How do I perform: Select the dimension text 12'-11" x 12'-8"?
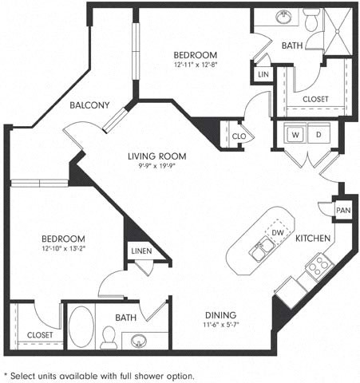click(x=196, y=66)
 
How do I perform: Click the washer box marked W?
click(x=295, y=136)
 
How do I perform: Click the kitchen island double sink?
click(x=259, y=252)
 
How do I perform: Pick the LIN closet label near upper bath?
click(x=263, y=74)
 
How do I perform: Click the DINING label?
click(x=217, y=314)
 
